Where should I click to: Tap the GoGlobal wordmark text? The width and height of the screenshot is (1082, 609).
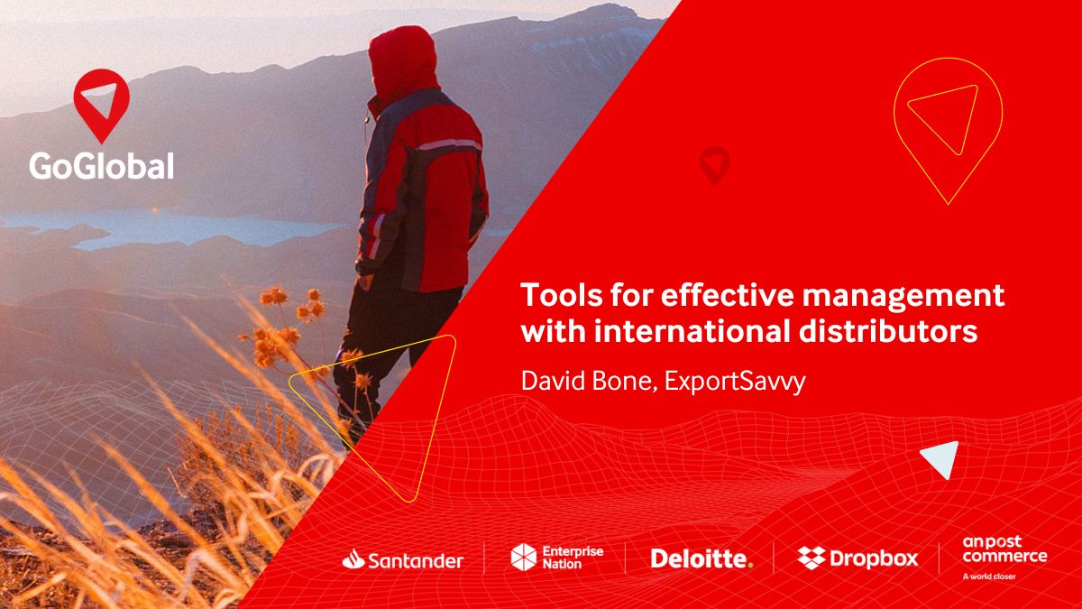(x=101, y=165)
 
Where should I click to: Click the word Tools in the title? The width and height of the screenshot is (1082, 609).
(x=559, y=296)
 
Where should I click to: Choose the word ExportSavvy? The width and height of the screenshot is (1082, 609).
(x=735, y=381)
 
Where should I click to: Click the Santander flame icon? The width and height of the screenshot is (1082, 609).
(x=353, y=559)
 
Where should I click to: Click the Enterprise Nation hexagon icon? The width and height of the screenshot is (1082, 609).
(x=524, y=558)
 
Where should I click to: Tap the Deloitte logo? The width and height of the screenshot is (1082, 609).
(x=701, y=558)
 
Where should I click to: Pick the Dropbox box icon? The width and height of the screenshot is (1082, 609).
(x=811, y=558)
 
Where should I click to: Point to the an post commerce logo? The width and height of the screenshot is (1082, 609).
(x=1004, y=549)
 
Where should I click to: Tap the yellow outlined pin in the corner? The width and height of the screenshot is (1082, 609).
(x=947, y=126)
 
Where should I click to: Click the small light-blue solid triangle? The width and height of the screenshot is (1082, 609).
(x=940, y=459)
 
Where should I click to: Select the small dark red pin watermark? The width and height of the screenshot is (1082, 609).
(x=714, y=164)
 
